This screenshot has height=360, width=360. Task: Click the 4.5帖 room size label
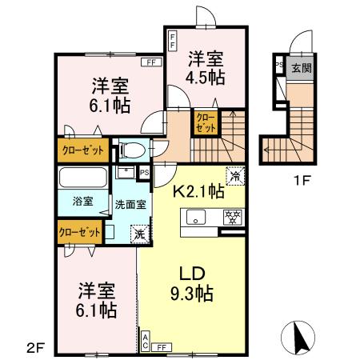coord(206,78)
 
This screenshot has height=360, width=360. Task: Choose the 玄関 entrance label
coord(301,69)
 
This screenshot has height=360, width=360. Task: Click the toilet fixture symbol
coord(133,149)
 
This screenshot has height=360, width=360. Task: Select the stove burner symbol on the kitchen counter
coord(231,216)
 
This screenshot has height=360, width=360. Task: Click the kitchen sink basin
coord(196,217)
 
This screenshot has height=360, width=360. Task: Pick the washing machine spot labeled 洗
coord(139,233)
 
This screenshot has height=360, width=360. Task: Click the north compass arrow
coord(298,335)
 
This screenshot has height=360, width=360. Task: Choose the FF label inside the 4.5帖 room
coord(172,40)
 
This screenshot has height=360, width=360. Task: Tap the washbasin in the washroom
coord(126,172)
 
